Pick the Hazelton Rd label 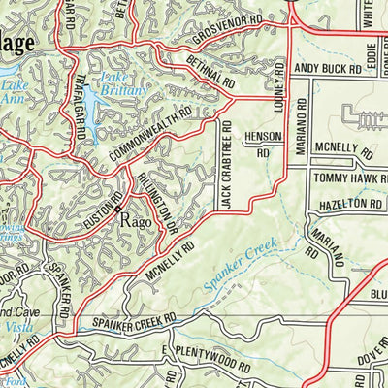click(346, 205)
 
